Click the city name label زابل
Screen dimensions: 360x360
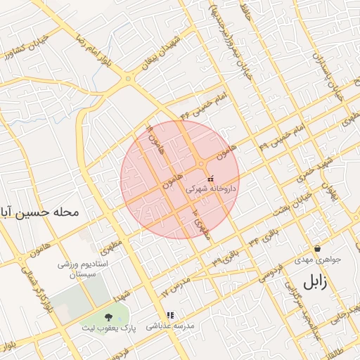point(316,282)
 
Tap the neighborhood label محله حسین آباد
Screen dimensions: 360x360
point(38,211)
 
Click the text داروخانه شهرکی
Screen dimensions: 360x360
point(212,189)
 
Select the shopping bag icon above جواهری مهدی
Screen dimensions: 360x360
point(318,248)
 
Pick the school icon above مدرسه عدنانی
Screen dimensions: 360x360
point(169,315)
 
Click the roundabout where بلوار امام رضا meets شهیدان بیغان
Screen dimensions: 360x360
point(128,79)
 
